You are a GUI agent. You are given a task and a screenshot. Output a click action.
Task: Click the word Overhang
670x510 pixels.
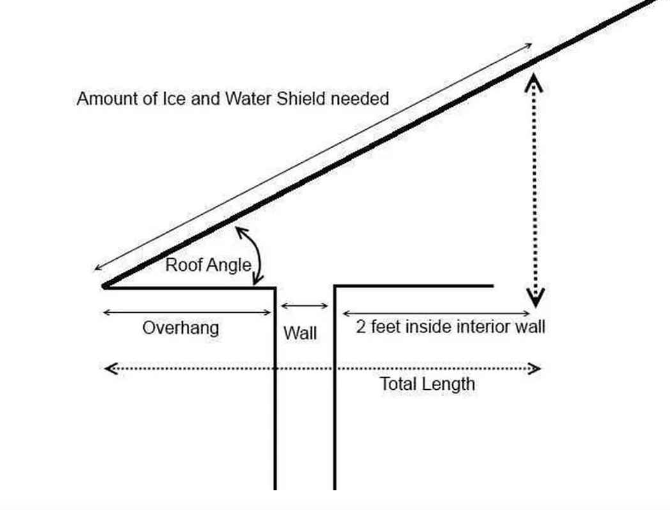[180, 329]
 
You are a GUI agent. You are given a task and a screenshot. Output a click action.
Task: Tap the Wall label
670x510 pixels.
[300, 333]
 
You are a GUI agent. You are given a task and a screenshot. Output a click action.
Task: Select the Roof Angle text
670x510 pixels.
[208, 265]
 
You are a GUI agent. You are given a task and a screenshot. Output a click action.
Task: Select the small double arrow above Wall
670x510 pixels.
[304, 306]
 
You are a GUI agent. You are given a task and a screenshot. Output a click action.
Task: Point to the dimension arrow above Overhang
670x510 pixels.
[187, 312]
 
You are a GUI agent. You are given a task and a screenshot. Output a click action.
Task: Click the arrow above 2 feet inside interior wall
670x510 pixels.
[436, 314]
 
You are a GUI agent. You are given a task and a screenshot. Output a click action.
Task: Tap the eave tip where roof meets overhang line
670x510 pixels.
[104, 286]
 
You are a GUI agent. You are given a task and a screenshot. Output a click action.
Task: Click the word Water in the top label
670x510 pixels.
[248, 99]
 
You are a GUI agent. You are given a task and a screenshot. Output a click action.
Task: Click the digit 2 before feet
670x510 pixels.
[361, 327]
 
